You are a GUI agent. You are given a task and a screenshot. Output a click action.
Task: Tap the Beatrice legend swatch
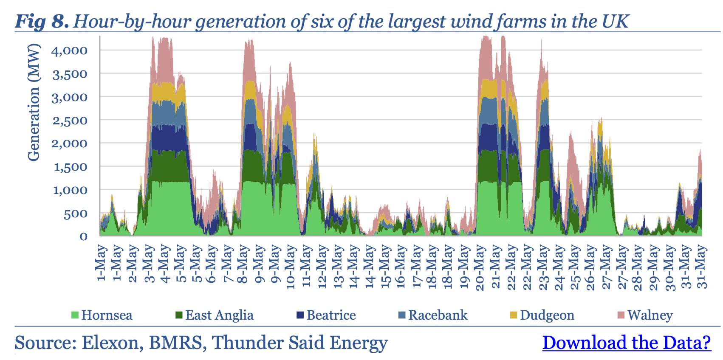(300, 315)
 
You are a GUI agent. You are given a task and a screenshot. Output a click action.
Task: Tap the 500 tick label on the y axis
(76, 214)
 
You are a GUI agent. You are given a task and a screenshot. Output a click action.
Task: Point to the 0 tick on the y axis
(84, 237)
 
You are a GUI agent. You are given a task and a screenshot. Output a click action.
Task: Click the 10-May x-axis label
(291, 267)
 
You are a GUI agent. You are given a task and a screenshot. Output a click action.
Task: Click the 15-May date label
(385, 267)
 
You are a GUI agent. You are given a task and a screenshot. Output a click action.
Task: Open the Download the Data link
(627, 343)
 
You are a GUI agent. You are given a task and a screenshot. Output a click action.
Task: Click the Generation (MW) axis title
(34, 102)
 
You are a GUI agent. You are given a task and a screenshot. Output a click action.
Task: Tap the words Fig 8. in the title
(42, 21)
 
